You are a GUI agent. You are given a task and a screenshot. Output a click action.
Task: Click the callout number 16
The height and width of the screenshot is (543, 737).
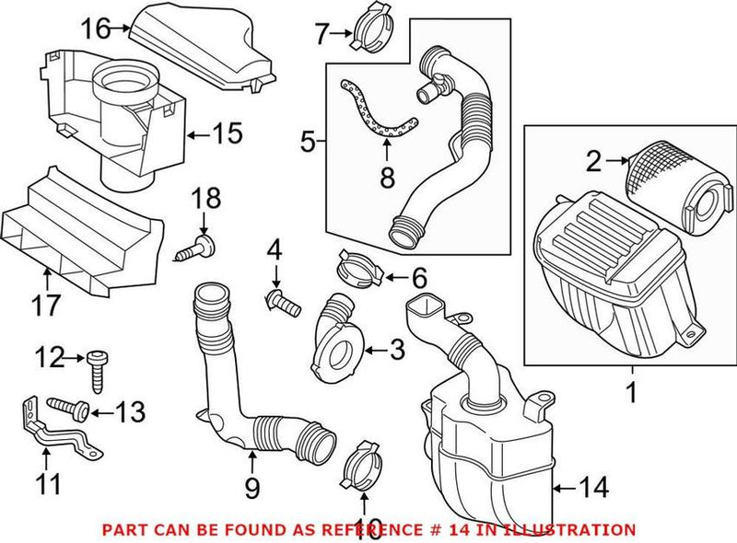pos(93,29)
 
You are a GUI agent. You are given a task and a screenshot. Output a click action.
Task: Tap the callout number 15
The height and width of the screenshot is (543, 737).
pos(228,134)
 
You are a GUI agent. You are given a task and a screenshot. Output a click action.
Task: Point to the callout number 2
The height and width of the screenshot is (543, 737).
pos(593,163)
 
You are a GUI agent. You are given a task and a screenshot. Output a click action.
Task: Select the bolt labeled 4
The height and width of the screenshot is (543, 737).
pos(282,298)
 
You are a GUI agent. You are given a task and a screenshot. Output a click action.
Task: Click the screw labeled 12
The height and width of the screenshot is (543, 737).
pos(97,370)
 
